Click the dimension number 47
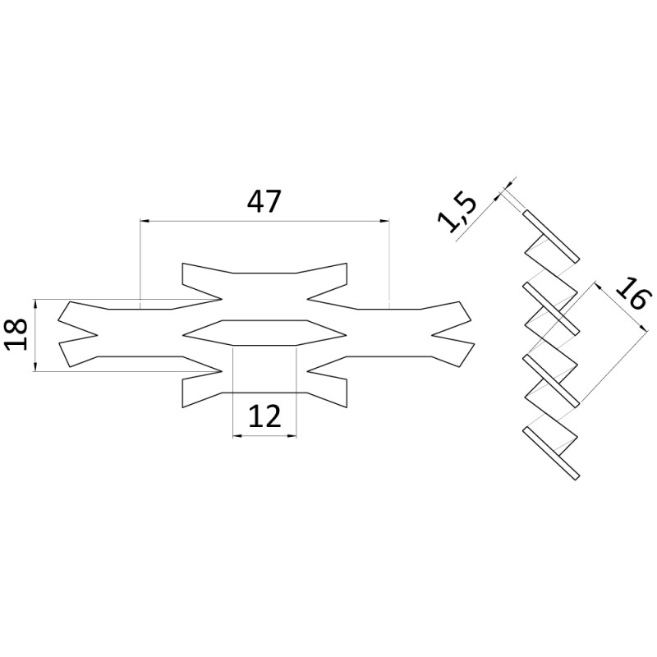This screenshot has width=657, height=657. [x=264, y=200]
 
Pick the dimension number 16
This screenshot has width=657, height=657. [x=628, y=294]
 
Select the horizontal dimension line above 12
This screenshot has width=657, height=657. [x=264, y=434]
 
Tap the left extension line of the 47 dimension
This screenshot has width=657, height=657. [x=140, y=263]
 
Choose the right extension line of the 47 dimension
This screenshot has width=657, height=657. [x=388, y=263]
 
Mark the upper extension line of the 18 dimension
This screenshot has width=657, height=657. [x=49, y=299]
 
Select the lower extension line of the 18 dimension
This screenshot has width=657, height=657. [x=49, y=372]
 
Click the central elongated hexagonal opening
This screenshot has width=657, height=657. [x=264, y=331]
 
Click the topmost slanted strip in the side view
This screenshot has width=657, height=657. [x=551, y=238]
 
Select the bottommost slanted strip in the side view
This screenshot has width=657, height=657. [x=551, y=453]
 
